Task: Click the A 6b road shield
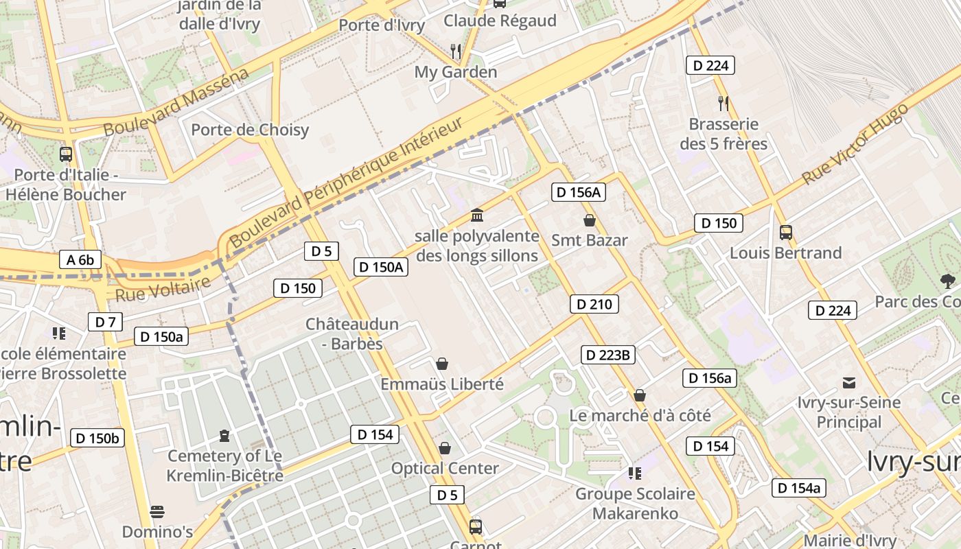pyautogui.click(x=81, y=259)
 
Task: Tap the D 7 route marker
pyautogui.click(x=105, y=322)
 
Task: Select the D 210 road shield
pyautogui.click(x=594, y=304)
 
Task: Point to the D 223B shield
pyautogui.click(x=608, y=355)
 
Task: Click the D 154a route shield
pyautogui.click(x=798, y=488)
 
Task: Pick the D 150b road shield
pyautogui.click(x=97, y=439)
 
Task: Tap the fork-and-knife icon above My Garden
pyautogui.click(x=455, y=50)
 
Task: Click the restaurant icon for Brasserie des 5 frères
pyautogui.click(x=723, y=104)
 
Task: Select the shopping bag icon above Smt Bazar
pyautogui.click(x=589, y=220)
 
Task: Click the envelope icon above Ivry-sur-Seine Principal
pyautogui.click(x=849, y=382)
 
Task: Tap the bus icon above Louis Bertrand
pyautogui.click(x=786, y=233)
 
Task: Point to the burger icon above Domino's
pyautogui.click(x=157, y=512)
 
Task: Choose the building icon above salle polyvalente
pyautogui.click(x=477, y=216)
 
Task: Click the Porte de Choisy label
pyautogui.click(x=250, y=130)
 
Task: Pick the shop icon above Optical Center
pyautogui.click(x=445, y=448)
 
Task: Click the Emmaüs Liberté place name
pyautogui.click(x=442, y=384)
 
